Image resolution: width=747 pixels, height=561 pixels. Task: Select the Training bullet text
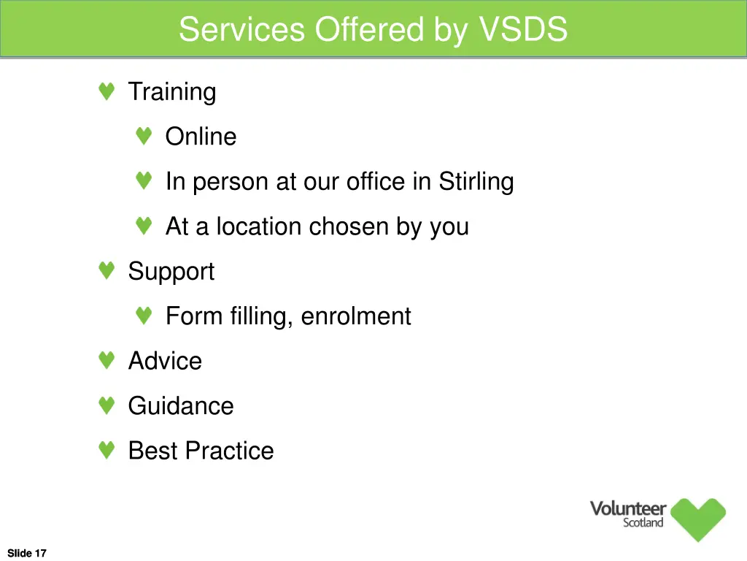coord(172,92)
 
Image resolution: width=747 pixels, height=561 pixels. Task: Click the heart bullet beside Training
coord(107,92)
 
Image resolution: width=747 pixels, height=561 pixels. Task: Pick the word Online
coord(201,137)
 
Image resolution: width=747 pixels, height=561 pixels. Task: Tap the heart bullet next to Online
coord(144,137)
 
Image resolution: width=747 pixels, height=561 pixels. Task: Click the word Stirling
coord(476,181)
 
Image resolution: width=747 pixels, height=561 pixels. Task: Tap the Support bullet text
coord(171,272)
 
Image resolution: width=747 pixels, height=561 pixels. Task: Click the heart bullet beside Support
coord(107,272)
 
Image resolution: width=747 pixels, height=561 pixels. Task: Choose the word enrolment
coord(356,316)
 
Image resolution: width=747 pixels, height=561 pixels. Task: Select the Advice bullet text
coord(165,361)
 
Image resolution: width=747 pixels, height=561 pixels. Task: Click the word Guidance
coord(181,406)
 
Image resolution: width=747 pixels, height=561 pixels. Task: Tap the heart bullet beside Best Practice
coord(107,451)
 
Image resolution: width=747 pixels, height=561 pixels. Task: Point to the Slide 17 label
coord(27,553)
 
